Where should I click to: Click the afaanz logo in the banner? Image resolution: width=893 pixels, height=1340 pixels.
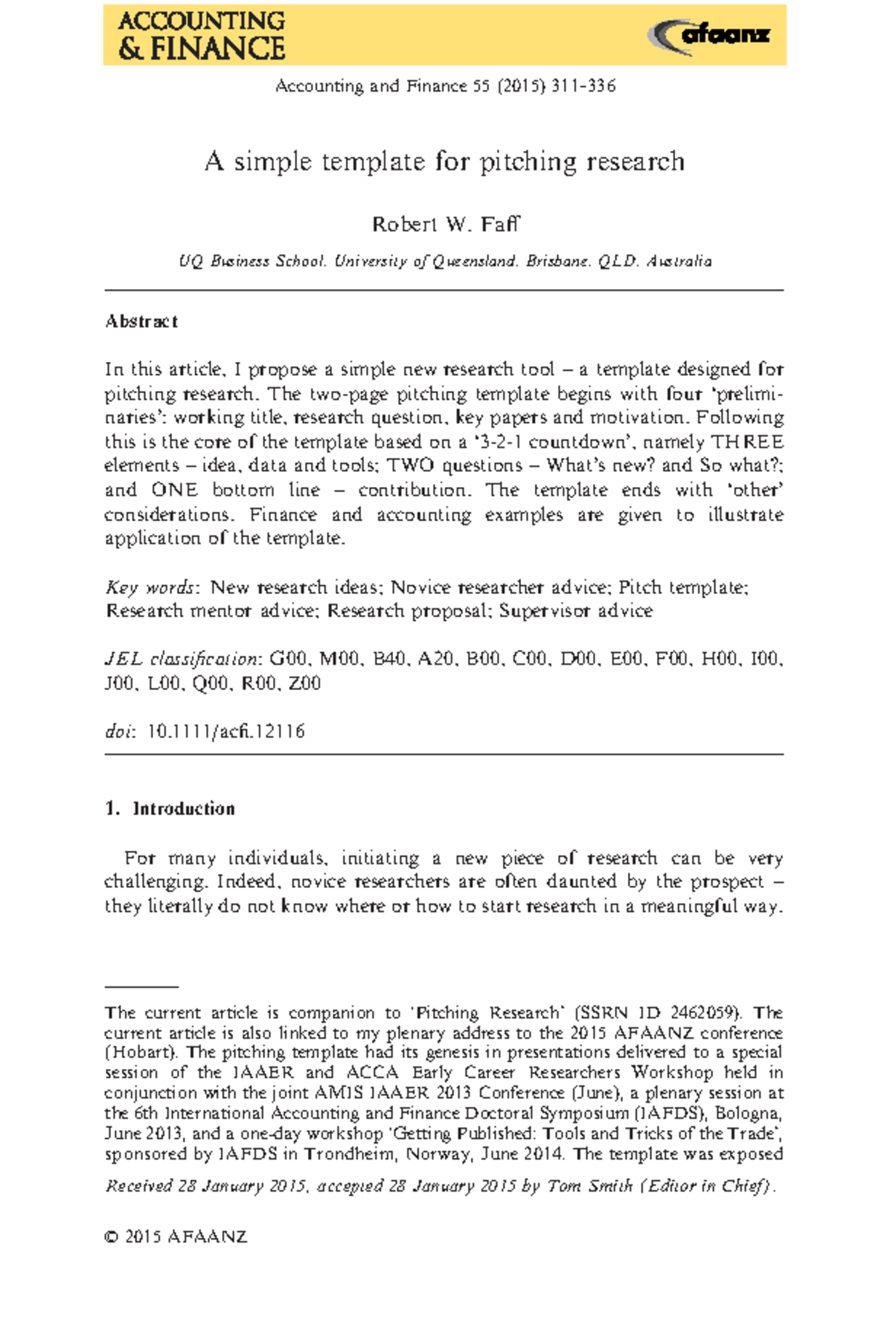pos(708,35)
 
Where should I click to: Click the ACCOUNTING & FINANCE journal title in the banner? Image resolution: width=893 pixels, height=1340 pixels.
pos(201,35)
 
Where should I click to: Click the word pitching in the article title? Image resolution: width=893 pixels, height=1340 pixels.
pos(528,162)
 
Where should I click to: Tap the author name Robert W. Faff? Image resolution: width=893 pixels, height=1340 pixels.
pos(445,224)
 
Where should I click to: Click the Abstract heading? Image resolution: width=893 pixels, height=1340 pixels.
pos(141,322)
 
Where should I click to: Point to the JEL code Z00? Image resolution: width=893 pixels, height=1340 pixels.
pos(304,683)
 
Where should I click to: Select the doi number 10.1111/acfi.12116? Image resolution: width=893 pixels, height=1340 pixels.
pos(226,732)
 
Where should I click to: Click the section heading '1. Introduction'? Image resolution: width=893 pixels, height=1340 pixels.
pos(170,808)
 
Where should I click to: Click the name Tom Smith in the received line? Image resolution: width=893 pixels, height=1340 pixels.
pos(589,1186)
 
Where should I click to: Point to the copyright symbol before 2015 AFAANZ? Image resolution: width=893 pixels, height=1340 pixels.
pos(112,1237)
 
